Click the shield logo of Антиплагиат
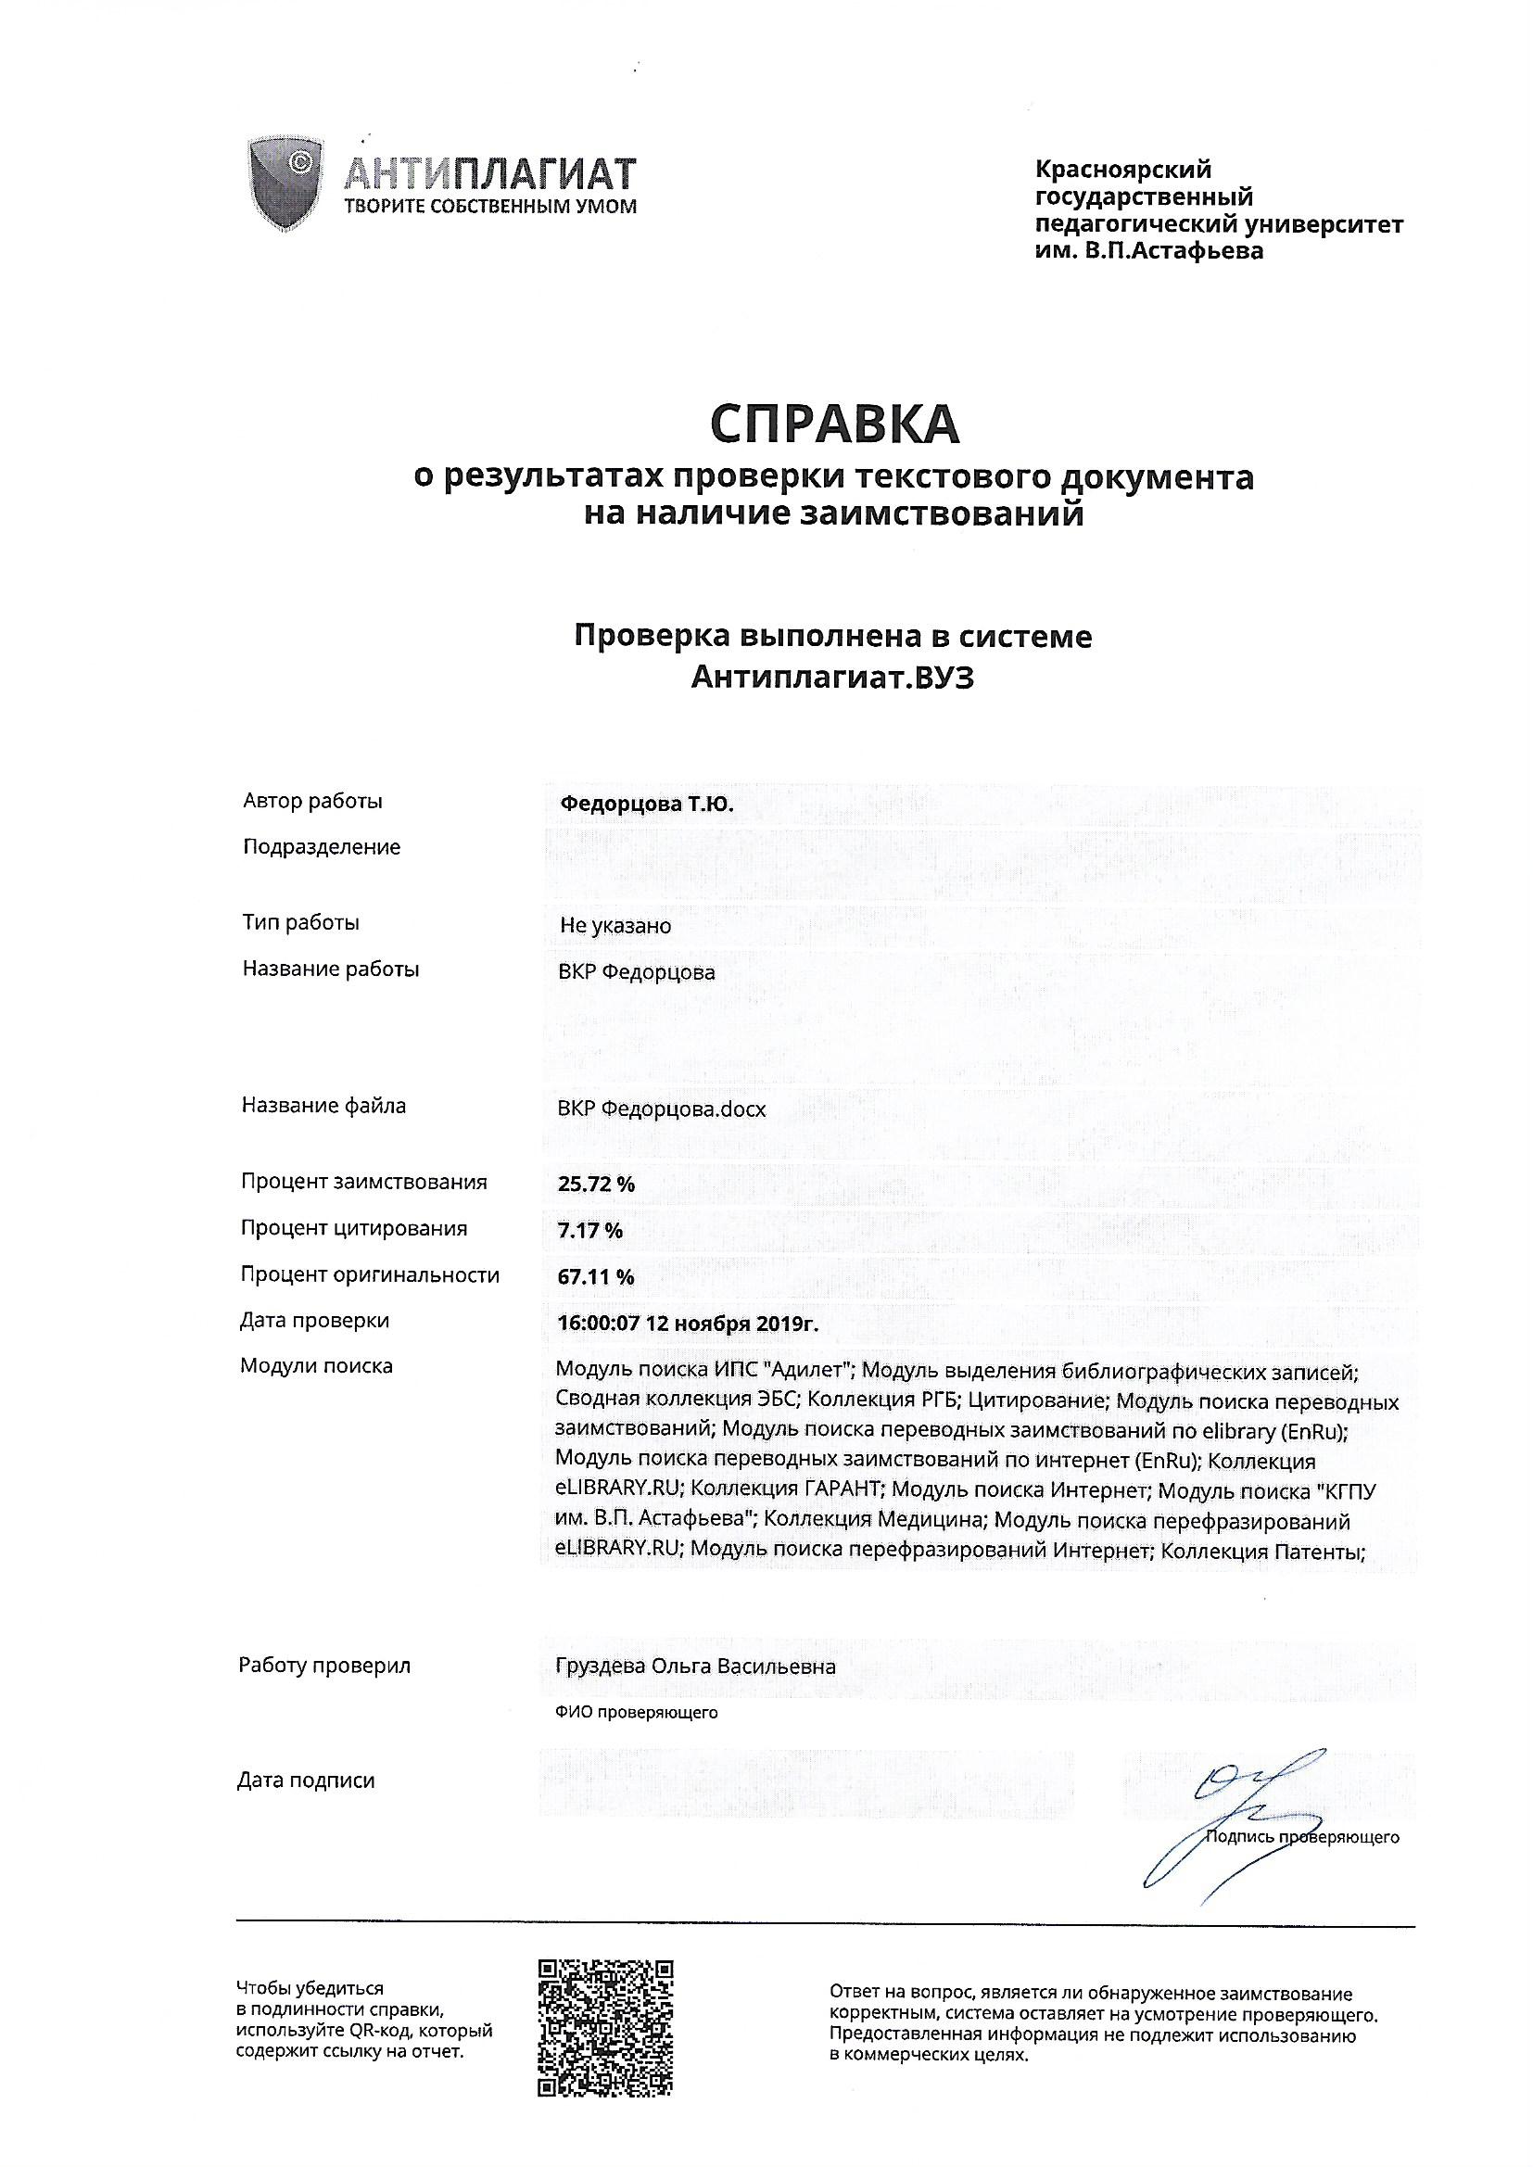tap(285, 184)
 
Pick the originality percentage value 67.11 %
tap(596, 1277)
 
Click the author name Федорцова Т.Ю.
tap(646, 805)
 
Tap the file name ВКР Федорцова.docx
tap(662, 1109)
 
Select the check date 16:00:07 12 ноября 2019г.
tap(688, 1324)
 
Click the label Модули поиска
tap(316, 1365)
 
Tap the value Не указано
tap(615, 926)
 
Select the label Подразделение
tap(322, 846)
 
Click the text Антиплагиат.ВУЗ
tap(831, 678)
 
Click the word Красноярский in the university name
tap(1123, 170)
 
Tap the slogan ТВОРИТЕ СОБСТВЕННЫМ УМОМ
tap(489, 206)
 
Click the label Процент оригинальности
tap(370, 1275)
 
